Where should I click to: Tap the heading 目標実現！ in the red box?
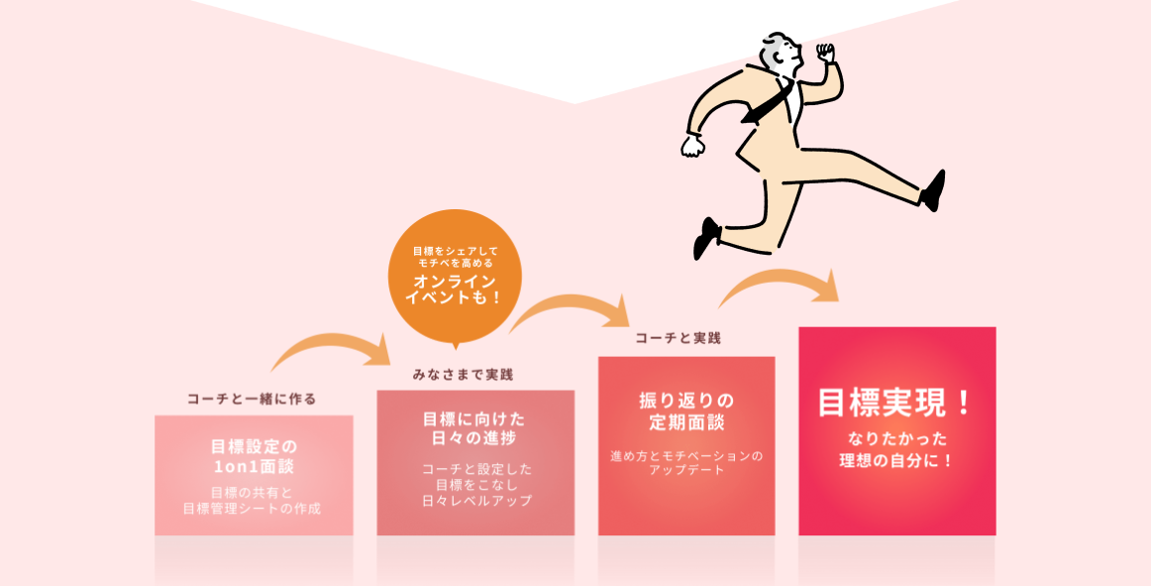tap(896, 403)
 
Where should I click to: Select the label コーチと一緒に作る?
tap(252, 399)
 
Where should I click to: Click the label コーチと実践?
tap(678, 338)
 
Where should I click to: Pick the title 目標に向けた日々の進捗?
tap(474, 427)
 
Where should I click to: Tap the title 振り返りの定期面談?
tap(686, 411)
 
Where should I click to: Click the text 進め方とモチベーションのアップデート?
tap(686, 463)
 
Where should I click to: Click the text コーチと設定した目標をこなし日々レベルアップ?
tap(475, 484)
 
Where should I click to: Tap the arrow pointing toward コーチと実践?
tap(572, 309)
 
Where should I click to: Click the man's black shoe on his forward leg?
tap(932, 190)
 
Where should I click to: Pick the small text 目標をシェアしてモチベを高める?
tap(455, 257)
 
